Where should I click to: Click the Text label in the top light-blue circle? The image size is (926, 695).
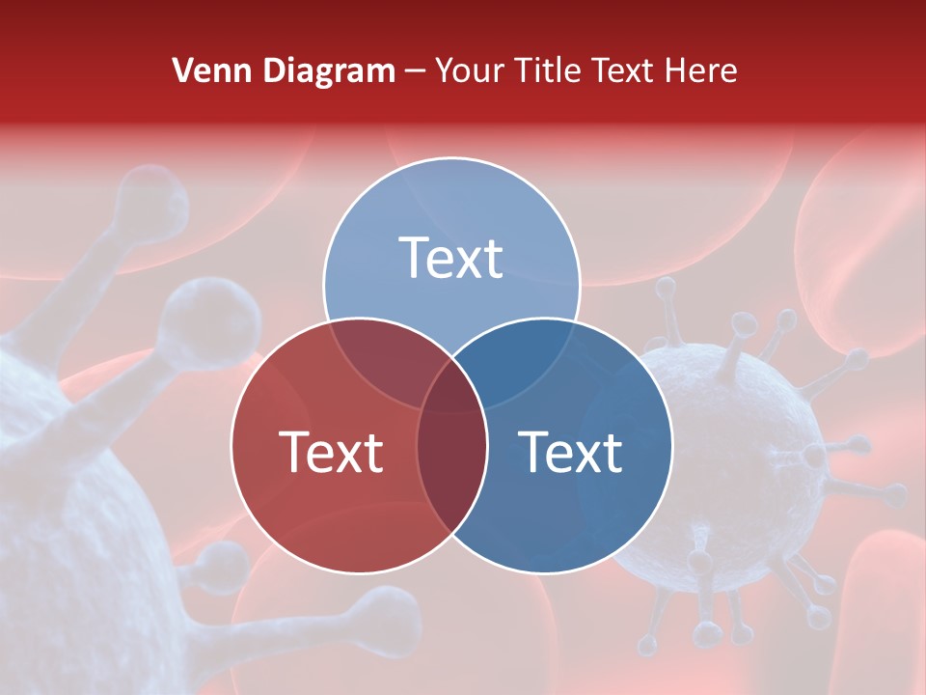451,259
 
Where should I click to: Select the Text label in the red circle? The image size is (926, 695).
331,452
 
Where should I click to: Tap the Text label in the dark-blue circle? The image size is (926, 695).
571,452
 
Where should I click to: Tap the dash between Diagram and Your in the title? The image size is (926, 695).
415,71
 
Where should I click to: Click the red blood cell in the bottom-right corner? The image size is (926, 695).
883,618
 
